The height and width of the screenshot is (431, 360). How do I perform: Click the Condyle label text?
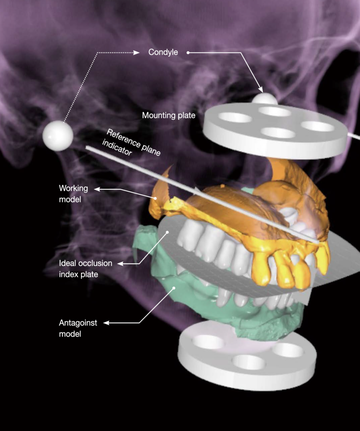pos(163,52)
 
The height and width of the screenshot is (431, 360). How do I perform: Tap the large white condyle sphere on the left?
pos(58,136)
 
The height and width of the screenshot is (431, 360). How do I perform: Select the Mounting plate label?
pos(168,115)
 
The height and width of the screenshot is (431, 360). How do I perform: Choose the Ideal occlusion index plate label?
pos(85,269)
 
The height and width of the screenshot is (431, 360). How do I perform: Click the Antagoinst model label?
pos(78,328)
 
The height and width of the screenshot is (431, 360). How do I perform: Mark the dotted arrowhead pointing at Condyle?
pos(136,53)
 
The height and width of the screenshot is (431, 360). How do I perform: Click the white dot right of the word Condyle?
pos(188,53)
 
